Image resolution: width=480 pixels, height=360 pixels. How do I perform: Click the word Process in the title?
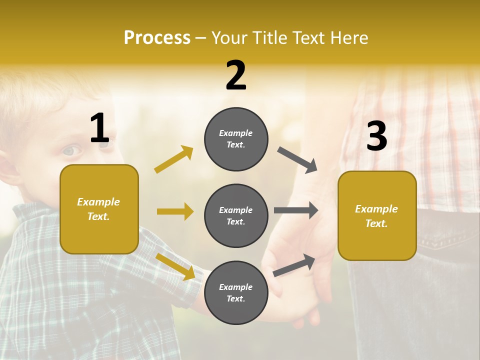(157, 38)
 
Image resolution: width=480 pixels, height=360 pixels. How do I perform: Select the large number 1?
(99, 129)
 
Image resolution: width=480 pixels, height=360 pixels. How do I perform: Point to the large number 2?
(236, 76)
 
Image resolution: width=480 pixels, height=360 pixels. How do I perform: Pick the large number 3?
(376, 136)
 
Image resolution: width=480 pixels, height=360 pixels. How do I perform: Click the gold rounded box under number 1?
(99, 209)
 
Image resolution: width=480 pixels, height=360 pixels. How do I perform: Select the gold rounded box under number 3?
(377, 215)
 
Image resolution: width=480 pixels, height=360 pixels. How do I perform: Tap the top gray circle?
(236, 139)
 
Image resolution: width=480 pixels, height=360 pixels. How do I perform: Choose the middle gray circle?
(236, 215)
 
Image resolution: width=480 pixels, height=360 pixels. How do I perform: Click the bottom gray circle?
(236, 292)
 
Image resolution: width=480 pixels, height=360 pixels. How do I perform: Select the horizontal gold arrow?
(175, 211)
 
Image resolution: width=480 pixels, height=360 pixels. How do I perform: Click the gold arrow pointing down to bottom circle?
(175, 266)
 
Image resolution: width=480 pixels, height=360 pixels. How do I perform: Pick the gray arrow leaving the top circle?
(297, 159)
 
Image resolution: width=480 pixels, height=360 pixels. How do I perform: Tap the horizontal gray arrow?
(296, 210)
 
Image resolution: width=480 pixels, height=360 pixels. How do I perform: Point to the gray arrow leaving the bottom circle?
(294, 265)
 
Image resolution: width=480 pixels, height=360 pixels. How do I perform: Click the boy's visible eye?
(71, 150)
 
